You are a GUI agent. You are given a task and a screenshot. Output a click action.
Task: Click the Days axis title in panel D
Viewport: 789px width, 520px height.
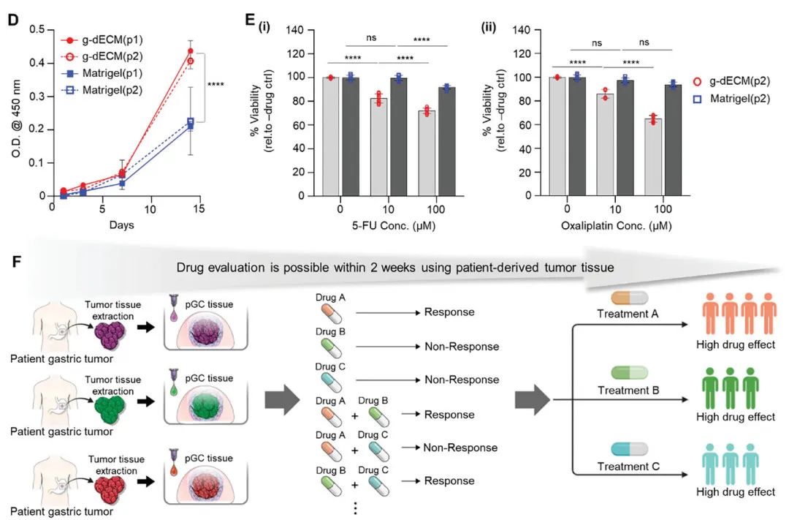[x=121, y=225]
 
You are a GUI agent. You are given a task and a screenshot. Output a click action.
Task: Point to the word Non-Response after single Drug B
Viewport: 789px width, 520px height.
[x=462, y=347]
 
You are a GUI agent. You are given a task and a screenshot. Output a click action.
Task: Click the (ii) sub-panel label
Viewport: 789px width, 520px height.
[x=488, y=29]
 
